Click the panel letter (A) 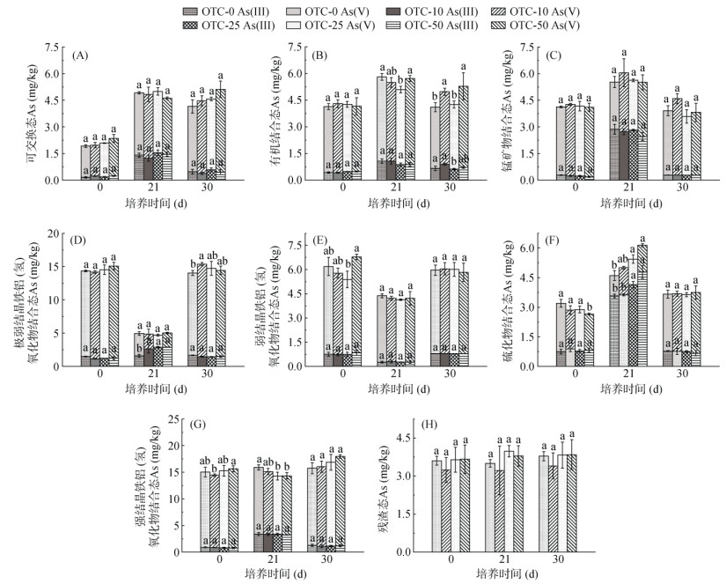tap(80, 55)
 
